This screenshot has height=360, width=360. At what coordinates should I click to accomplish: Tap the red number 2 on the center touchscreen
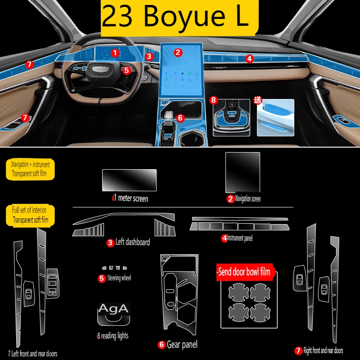click(178, 52)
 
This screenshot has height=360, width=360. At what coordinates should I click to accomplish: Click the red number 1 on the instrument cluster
click(115, 53)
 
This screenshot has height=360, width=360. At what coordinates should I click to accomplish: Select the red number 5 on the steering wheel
click(126, 70)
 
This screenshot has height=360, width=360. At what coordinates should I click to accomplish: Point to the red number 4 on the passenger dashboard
click(249, 58)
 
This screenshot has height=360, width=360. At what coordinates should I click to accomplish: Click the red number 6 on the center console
click(180, 118)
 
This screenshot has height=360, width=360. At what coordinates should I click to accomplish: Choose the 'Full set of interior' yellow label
click(30, 215)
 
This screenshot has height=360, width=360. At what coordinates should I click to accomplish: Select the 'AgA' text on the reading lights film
click(113, 309)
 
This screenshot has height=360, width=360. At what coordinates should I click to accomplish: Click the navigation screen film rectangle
click(243, 172)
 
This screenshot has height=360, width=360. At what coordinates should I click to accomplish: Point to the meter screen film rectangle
click(129, 180)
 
